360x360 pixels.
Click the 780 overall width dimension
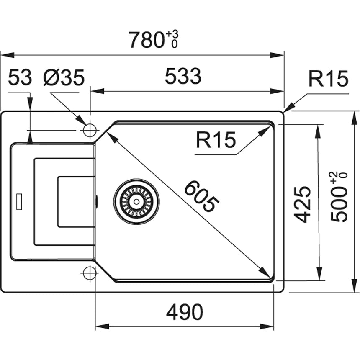click(x=146, y=40)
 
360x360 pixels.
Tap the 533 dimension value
click(x=183, y=77)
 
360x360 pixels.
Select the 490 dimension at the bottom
click(x=184, y=312)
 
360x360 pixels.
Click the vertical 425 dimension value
click(x=302, y=204)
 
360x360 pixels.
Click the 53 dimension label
click(x=20, y=78)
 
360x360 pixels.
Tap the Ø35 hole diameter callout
click(x=64, y=78)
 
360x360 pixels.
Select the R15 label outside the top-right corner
click(x=328, y=79)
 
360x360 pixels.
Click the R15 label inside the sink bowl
click(x=216, y=140)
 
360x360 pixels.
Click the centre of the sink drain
click(x=136, y=201)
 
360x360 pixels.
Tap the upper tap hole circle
click(x=90, y=130)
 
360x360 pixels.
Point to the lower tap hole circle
click(x=90, y=273)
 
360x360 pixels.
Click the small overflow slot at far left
click(x=19, y=201)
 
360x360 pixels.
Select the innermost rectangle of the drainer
click(x=76, y=202)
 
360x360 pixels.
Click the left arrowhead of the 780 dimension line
click(x=5, y=55)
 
